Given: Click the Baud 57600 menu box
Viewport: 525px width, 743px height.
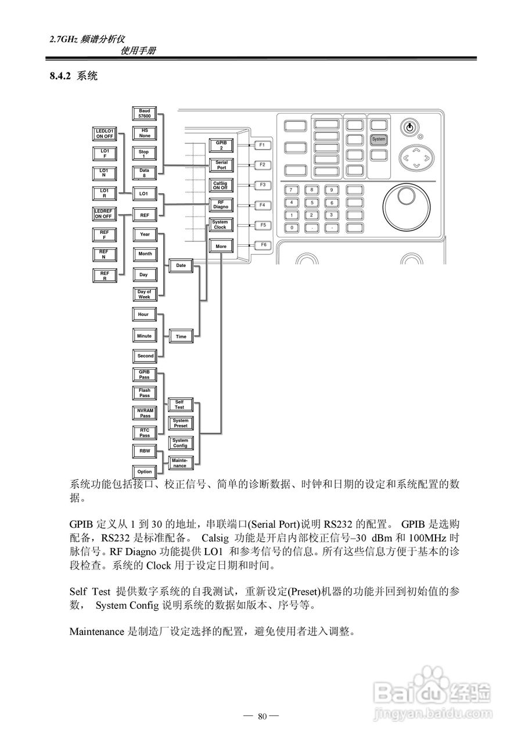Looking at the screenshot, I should (145, 114).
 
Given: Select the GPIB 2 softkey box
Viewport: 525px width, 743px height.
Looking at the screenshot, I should (221, 145).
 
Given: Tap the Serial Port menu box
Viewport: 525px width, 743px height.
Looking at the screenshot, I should (221, 165).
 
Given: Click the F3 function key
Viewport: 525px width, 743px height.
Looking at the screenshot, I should (262, 185).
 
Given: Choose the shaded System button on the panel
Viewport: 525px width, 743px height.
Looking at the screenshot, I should (379, 139).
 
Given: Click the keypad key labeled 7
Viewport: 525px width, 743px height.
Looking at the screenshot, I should (292, 190).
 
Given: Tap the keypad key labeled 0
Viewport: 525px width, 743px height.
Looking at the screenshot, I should (292, 228).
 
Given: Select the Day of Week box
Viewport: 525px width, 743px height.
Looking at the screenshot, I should (144, 294).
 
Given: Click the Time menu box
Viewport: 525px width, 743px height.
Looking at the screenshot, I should (181, 336).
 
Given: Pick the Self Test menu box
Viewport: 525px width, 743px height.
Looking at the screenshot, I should (179, 405).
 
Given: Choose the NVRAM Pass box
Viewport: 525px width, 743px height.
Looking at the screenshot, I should (145, 413).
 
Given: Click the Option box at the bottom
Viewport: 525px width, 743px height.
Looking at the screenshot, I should (145, 472).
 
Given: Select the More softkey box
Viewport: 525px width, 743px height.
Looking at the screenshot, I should (221, 246).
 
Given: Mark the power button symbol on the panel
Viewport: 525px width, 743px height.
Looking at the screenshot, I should (409, 127).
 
